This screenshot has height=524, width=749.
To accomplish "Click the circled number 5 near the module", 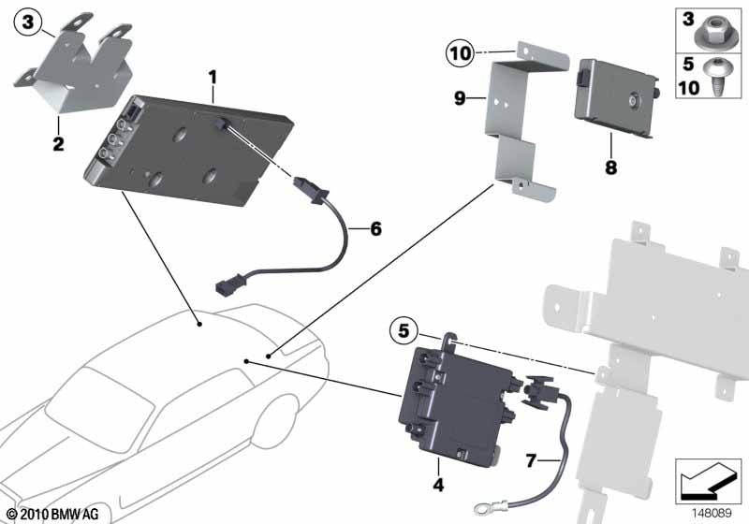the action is (x=404, y=329).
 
